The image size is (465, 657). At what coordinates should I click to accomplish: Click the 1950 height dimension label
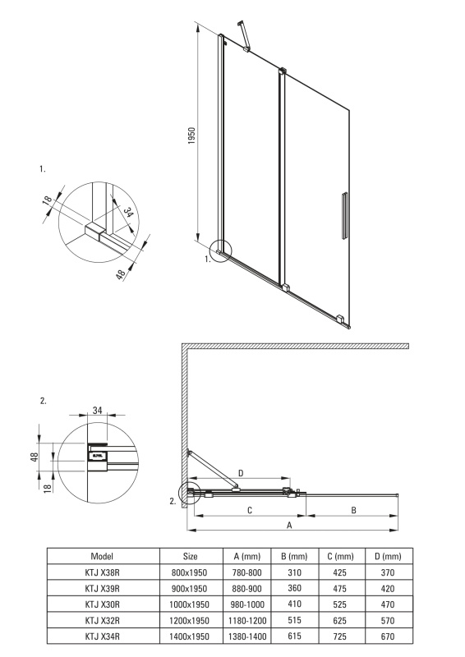191,136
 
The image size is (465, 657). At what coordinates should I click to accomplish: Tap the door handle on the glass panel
344,216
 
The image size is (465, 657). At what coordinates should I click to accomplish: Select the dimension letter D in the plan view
241,473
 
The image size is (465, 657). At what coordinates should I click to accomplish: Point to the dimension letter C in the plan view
250,510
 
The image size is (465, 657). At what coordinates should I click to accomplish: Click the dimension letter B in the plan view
353,510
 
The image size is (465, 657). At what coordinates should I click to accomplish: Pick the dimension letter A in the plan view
289,525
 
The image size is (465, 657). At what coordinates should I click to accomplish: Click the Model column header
102,556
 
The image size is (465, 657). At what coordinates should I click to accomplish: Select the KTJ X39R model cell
103,588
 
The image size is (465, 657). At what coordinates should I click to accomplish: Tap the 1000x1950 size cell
189,604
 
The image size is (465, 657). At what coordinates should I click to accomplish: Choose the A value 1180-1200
247,620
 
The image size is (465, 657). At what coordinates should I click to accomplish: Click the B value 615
294,636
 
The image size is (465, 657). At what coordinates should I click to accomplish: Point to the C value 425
339,572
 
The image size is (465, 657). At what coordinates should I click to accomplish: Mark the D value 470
388,604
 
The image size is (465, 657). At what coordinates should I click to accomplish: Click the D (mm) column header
388,557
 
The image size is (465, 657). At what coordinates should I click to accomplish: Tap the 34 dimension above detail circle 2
97,410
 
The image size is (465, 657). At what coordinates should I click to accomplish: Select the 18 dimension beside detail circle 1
48,199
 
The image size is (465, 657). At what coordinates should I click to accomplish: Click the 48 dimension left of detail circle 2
35,457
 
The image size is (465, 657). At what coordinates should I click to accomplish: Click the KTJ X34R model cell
103,636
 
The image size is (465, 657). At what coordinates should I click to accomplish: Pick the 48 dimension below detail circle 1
120,274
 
